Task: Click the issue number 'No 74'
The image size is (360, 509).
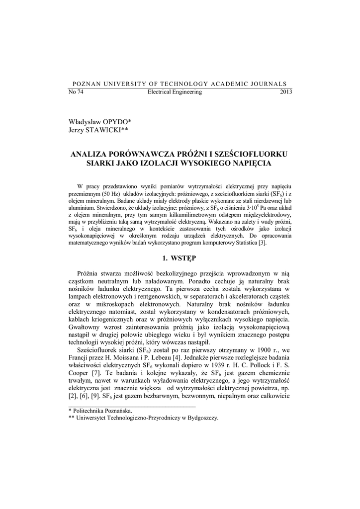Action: pyautogui.click(x=75, y=92)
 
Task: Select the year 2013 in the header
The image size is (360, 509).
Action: pyautogui.click(x=286, y=92)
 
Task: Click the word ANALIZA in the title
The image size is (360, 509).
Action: pyautogui.click(x=91, y=154)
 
